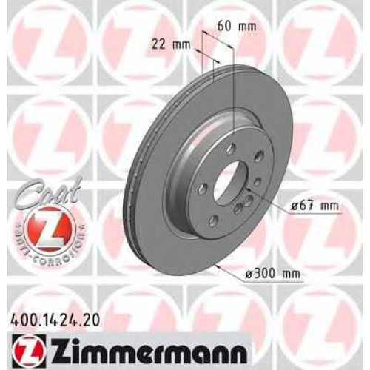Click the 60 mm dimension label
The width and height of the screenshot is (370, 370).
pos(236,27)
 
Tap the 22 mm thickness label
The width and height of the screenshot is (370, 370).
pos(171,44)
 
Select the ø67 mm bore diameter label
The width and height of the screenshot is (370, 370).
pos(314,205)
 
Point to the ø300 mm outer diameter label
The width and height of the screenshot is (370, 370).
pos(273,274)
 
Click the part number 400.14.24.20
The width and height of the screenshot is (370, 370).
pos(55,320)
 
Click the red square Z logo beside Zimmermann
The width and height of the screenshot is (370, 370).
pos(28,350)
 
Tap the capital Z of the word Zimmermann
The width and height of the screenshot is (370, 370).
pos(56,350)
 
